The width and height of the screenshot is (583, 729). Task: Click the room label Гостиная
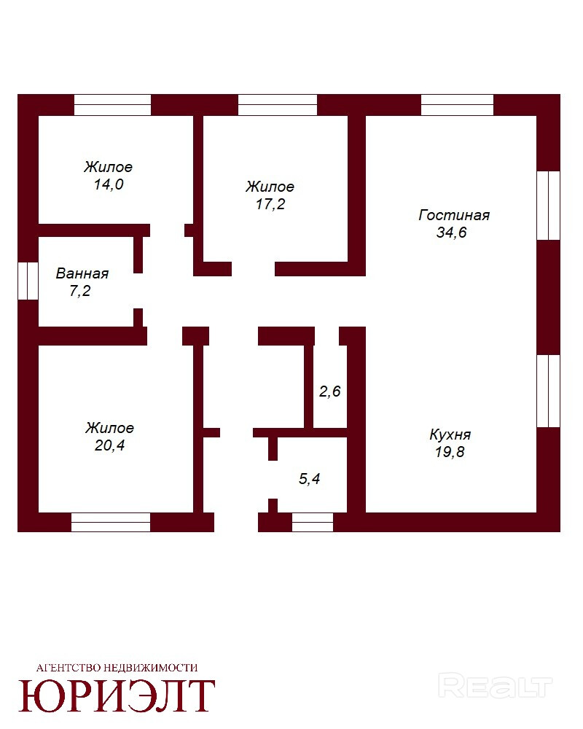pyautogui.click(x=454, y=215)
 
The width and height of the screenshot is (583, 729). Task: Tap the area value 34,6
pyautogui.click(x=451, y=232)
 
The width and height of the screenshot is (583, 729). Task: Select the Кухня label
pyautogui.click(x=450, y=435)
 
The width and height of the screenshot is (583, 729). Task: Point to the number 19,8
pyautogui.click(x=450, y=451)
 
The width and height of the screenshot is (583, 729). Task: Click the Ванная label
pyautogui.click(x=82, y=273)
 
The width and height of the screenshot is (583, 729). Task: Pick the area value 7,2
pyautogui.click(x=80, y=291)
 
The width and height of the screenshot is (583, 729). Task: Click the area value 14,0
pyautogui.click(x=109, y=184)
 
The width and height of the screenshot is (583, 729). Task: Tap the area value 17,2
pyautogui.click(x=270, y=204)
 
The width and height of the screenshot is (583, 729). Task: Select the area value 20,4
pyautogui.click(x=110, y=445)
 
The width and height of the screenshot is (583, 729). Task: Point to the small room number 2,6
pyautogui.click(x=329, y=391)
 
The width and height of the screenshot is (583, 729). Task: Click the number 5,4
pyautogui.click(x=309, y=479)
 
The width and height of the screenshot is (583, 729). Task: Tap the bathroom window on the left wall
pyautogui.click(x=28, y=281)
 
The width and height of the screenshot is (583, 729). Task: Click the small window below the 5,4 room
pyautogui.click(x=313, y=522)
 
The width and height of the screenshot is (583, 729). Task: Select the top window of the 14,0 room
pyautogui.click(x=112, y=104)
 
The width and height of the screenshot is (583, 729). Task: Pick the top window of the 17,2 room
pyautogui.click(x=278, y=104)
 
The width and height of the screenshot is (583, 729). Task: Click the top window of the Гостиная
pyautogui.click(x=457, y=104)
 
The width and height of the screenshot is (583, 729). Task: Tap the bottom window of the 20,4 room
pyautogui.click(x=111, y=522)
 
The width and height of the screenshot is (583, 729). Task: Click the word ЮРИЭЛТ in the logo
pyautogui.click(x=117, y=696)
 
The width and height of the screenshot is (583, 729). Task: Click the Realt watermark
pyautogui.click(x=495, y=687)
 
